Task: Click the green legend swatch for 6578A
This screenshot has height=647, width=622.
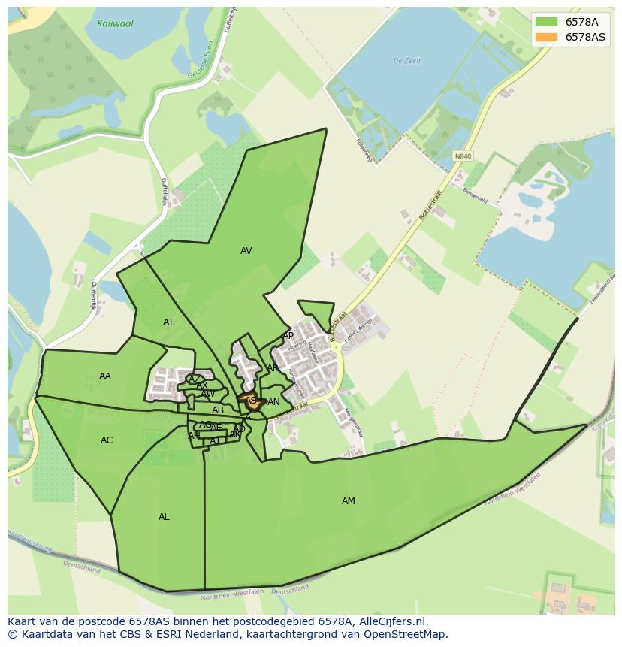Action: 547,22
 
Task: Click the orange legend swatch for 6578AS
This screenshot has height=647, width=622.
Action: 547,37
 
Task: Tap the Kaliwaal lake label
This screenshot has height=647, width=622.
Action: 115,23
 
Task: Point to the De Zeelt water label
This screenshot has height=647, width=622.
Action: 408,61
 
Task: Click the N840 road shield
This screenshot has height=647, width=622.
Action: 463,156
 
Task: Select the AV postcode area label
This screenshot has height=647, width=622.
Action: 246,251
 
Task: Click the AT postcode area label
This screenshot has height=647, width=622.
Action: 168,322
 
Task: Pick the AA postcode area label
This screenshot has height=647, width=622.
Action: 105,376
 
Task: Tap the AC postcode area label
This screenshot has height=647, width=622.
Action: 107,440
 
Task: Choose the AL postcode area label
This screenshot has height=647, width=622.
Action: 164,517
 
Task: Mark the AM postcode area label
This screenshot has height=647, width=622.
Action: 349,501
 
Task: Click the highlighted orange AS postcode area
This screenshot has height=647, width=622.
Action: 252,401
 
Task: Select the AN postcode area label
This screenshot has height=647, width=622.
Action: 273,402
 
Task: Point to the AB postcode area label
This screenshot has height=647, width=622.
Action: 218,410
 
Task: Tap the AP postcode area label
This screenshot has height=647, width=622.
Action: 288,336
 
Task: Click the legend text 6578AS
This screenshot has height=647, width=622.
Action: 586,37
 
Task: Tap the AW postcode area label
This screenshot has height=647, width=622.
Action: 208,394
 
